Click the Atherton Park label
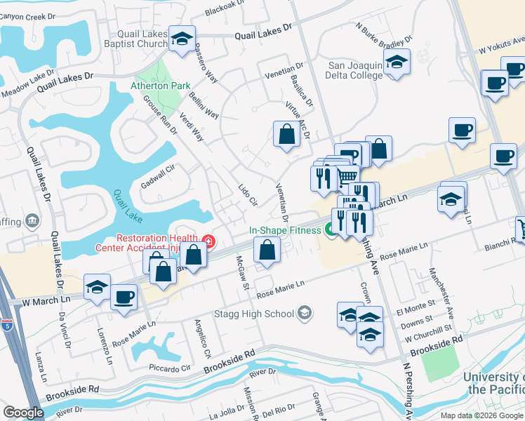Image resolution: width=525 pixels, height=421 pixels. (x=160, y=86)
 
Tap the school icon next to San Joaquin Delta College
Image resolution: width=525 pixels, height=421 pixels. (x=397, y=62)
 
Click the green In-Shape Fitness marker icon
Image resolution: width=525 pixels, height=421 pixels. (x=329, y=229)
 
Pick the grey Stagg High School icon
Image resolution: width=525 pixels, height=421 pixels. (x=305, y=312)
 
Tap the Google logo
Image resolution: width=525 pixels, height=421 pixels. (x=24, y=413)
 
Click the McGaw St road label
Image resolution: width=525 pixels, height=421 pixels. (x=241, y=272)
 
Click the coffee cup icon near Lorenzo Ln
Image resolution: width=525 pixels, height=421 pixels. (x=124, y=297)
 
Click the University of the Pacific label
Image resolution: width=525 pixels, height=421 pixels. (x=493, y=383)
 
